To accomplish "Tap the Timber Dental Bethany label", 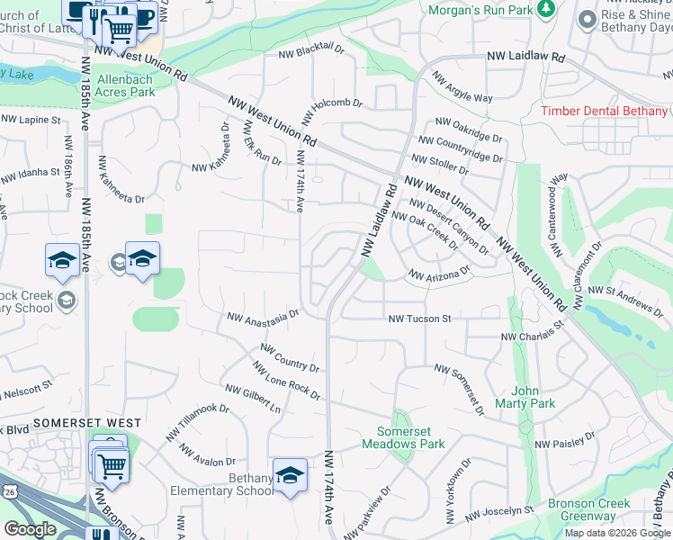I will click(x=604, y=111).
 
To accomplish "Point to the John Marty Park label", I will click(x=533, y=397).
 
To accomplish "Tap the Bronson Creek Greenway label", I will click(x=586, y=509).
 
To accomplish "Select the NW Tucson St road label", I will click(x=419, y=319).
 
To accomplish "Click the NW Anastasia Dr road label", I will click(x=263, y=317).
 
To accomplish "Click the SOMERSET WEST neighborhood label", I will click(x=87, y=423).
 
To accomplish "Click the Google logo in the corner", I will click(x=30, y=529).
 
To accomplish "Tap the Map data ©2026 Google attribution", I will click(x=618, y=533).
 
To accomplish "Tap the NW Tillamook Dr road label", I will click(x=197, y=422).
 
